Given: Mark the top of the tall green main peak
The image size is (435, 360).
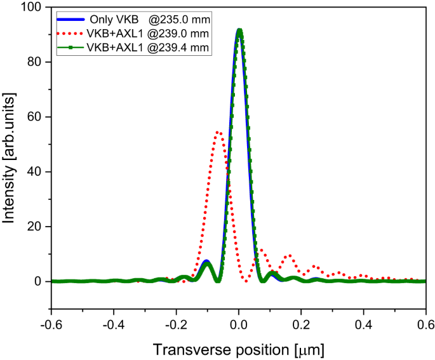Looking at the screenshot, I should (x=239, y=30).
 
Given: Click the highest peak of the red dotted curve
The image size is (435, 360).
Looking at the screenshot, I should (x=218, y=132).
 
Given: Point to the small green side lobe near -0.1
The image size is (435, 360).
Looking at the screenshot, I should (x=206, y=263).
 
